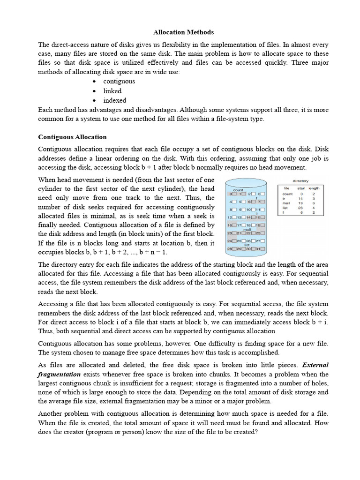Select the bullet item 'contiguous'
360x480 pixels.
(x=119, y=81)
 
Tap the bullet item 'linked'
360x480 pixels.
(x=112, y=91)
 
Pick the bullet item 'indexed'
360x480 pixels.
(x=115, y=100)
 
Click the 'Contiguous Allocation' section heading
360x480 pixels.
(x=72, y=137)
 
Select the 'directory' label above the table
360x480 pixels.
(x=300, y=180)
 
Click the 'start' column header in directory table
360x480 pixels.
(x=301, y=188)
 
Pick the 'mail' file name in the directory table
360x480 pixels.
(x=285, y=203)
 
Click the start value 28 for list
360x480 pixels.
(x=301, y=208)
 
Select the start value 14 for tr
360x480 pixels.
(x=301, y=198)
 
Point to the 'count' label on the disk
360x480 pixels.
(x=245, y=189)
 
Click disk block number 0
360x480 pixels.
(x=231, y=194)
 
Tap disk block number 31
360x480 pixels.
(x=258, y=248)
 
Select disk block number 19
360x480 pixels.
(x=258, y=225)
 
